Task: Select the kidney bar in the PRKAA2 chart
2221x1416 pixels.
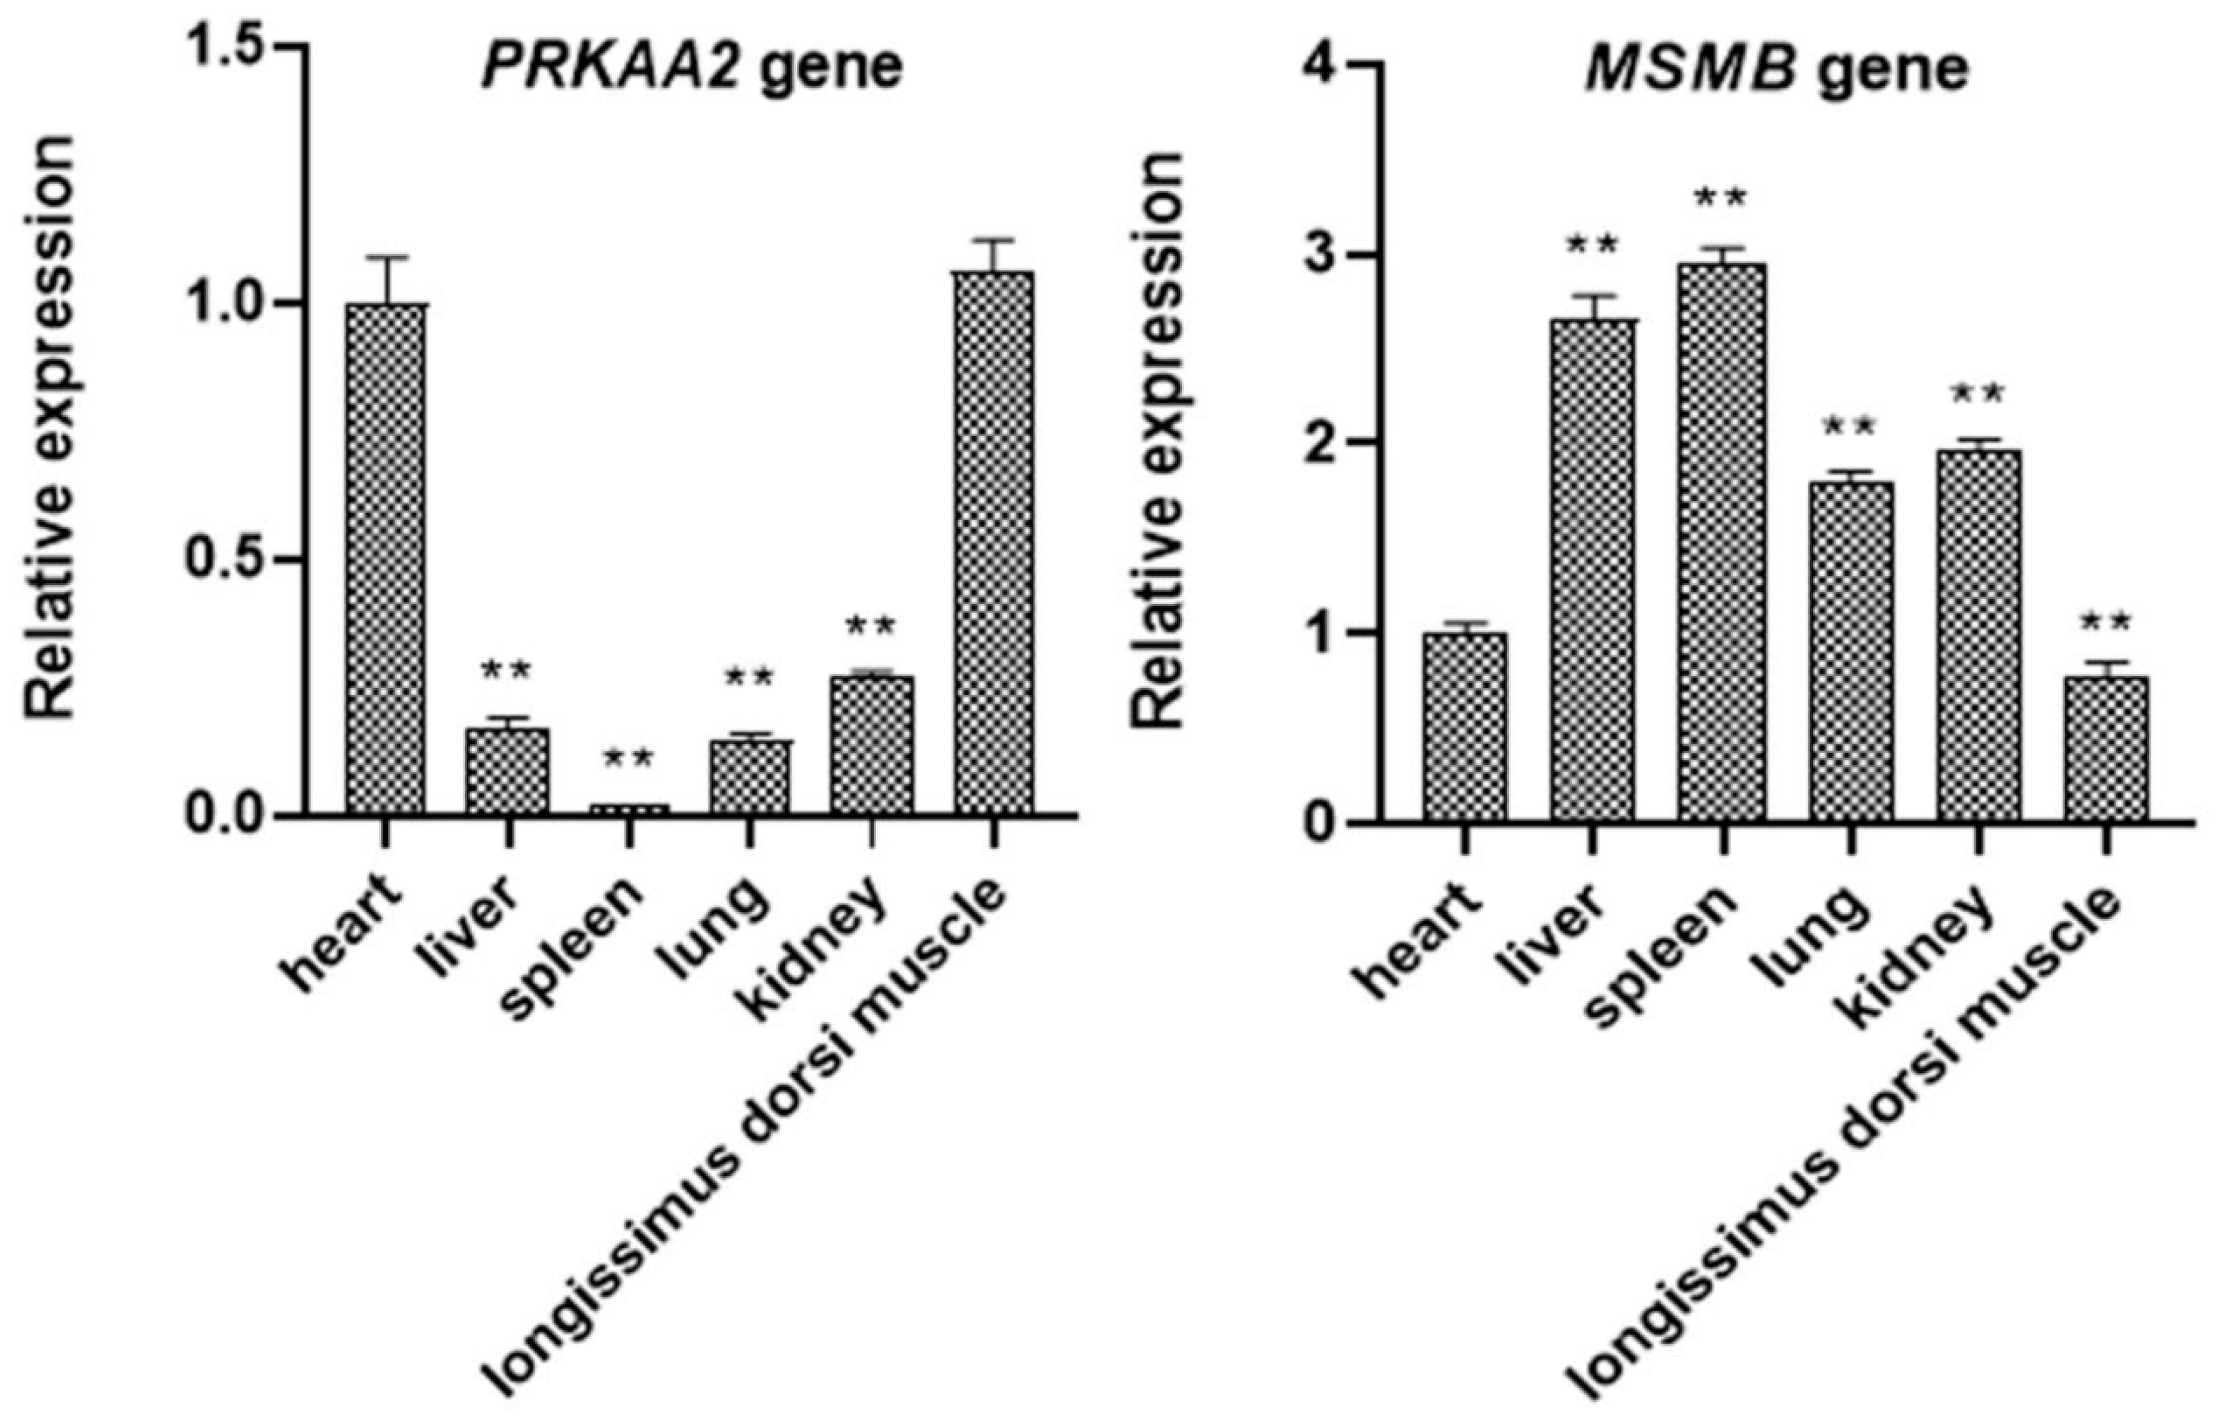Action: [872, 745]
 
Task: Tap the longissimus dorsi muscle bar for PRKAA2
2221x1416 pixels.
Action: [993, 543]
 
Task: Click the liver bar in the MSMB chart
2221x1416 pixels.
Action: [1592, 569]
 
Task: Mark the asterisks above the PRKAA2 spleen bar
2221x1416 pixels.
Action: [628, 760]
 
